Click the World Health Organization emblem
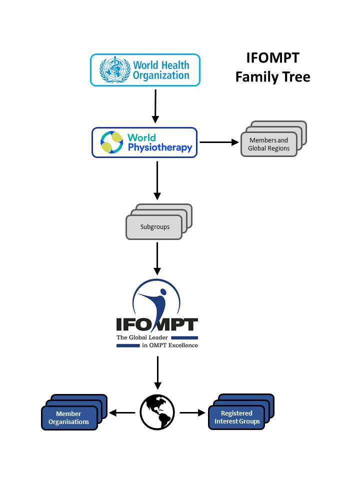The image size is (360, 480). (x=114, y=70)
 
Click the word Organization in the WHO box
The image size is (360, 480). (x=161, y=76)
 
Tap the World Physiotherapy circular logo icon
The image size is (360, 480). (x=112, y=142)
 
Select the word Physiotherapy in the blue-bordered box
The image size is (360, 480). (x=159, y=148)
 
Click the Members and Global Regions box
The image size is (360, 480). (x=268, y=144)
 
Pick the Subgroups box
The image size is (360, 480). (x=154, y=226)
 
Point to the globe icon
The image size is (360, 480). (x=157, y=412)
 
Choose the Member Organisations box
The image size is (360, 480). (x=68, y=417)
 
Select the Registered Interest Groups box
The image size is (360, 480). (x=236, y=417)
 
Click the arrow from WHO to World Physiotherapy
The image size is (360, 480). (x=155, y=106)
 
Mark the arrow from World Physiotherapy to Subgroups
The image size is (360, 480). (x=157, y=180)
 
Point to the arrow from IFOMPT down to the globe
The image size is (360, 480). (x=157, y=372)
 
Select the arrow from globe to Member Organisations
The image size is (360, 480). (x=122, y=413)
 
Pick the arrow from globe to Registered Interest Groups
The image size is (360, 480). (x=192, y=413)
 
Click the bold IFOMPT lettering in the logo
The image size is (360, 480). (x=157, y=325)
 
